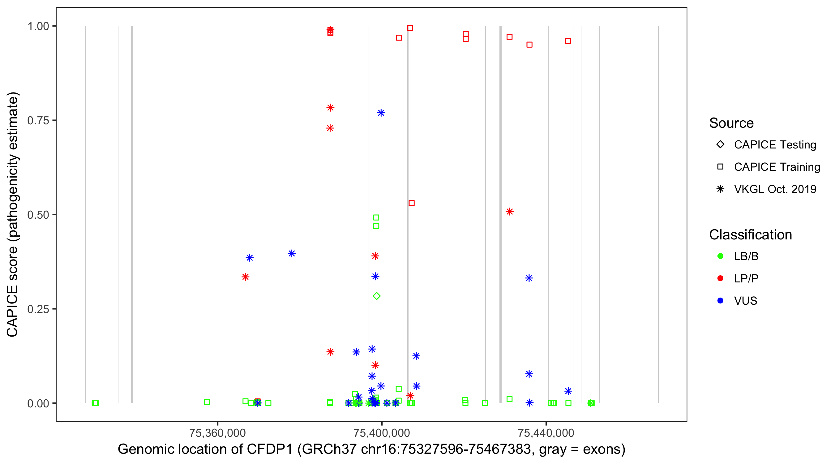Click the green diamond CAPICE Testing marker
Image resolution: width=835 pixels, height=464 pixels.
pos(376,296)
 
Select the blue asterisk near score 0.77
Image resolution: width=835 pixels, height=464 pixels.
pos(381,113)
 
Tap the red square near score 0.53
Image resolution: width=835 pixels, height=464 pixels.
pos(412,203)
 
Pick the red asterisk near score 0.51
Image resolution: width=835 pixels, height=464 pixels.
pos(510,212)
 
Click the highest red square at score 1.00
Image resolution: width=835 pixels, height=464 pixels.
pos(410,28)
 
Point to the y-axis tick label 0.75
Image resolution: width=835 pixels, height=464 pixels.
pos(38,121)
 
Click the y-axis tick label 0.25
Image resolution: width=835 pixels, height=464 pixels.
pos(38,309)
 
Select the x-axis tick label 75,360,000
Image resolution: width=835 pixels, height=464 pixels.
pos(217,433)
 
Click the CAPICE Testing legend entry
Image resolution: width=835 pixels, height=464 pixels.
pos(775,145)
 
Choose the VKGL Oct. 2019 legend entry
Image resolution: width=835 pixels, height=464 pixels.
pos(775,189)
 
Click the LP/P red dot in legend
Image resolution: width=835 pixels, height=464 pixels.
pos(721,278)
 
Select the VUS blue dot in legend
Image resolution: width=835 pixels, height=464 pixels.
pos(721,301)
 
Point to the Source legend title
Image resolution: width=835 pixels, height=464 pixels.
pos(731,123)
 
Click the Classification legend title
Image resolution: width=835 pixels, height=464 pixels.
pos(750,235)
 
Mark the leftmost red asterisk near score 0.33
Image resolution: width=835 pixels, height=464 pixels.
pos(245,277)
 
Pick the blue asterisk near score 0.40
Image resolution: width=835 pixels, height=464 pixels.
pos(292,254)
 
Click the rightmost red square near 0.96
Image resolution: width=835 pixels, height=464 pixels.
pos(568,41)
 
